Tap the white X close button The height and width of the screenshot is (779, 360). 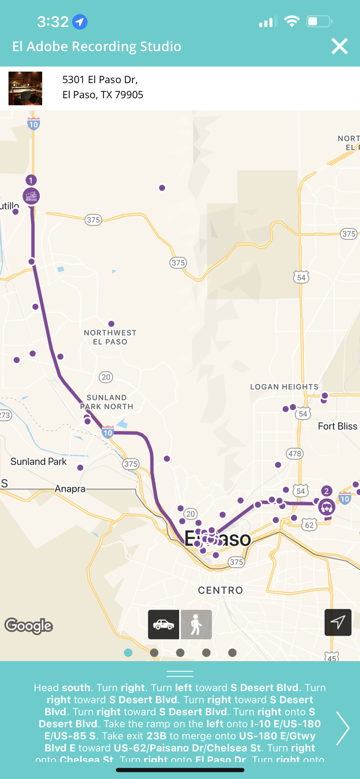point(339,46)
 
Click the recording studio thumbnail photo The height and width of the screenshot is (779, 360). point(25,88)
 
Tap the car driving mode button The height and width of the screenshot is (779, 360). point(164,624)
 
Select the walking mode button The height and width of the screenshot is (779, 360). point(196,624)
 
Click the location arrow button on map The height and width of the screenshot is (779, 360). point(338,622)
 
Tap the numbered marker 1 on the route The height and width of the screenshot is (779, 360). point(31,180)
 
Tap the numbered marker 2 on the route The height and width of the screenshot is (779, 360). point(326,491)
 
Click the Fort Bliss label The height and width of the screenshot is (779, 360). point(337,426)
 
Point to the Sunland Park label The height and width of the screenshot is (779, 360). point(38,462)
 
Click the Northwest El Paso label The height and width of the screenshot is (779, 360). point(110,337)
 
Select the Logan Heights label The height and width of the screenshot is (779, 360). point(284,387)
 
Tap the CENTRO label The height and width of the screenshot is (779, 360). point(220,590)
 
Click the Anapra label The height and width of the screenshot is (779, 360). point(70,489)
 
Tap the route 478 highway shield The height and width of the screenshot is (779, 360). point(295,453)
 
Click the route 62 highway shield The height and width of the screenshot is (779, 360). point(310,525)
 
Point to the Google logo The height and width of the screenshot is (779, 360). point(29,626)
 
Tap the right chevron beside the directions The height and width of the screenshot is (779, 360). point(342,728)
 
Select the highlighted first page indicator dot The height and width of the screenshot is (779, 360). point(128,653)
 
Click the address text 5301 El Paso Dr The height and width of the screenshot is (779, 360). point(100,79)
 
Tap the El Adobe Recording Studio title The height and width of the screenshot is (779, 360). point(97,46)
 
